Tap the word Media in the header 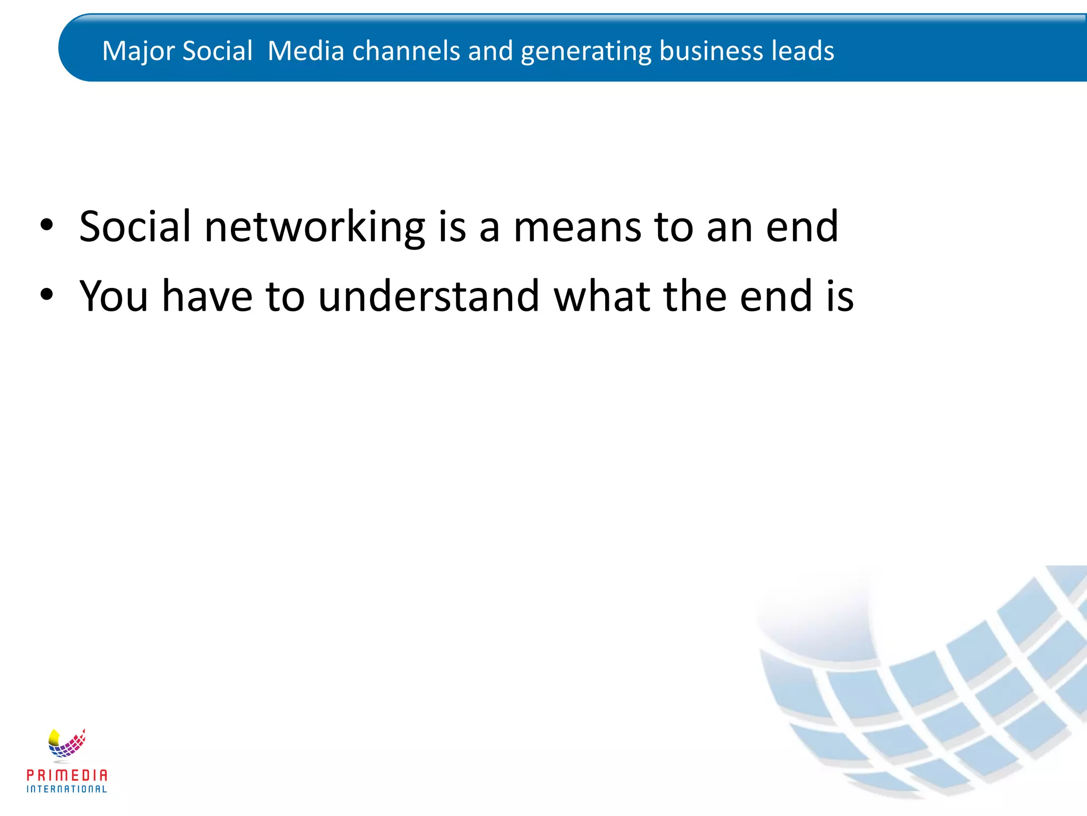(306, 52)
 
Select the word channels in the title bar (406, 52)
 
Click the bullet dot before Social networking (47, 226)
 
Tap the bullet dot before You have (47, 295)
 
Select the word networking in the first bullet (314, 227)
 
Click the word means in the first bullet (577, 227)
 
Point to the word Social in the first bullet (135, 226)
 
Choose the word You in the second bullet (114, 296)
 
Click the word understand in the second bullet (429, 296)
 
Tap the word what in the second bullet (602, 296)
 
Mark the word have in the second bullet (207, 296)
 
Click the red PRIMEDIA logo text (67, 775)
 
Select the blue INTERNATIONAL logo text (67, 789)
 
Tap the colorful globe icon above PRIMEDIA (66, 744)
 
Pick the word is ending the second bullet (840, 296)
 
